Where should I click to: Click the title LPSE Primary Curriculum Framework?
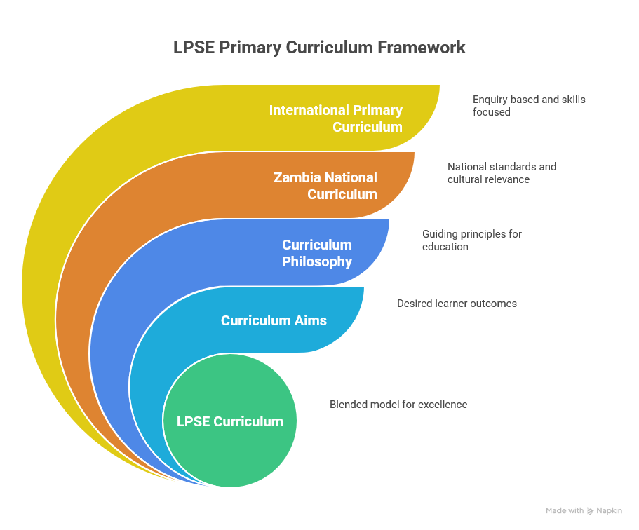(x=319, y=48)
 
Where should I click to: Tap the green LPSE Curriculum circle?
(x=230, y=421)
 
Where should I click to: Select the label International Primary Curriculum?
(x=336, y=118)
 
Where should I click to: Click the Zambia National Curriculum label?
(x=325, y=186)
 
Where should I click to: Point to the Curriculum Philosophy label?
(x=317, y=253)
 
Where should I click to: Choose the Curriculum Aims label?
(x=274, y=320)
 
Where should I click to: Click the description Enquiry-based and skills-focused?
(x=530, y=106)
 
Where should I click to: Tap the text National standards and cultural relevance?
(x=502, y=172)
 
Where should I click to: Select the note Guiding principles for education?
(x=472, y=240)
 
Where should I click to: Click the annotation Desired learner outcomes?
(x=457, y=304)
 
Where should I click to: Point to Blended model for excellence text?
(x=398, y=405)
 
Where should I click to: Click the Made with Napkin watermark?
(x=584, y=510)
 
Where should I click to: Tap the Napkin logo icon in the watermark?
(x=590, y=511)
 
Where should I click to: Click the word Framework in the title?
(x=422, y=48)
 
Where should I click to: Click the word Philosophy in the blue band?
(x=317, y=262)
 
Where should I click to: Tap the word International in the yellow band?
(x=309, y=110)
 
